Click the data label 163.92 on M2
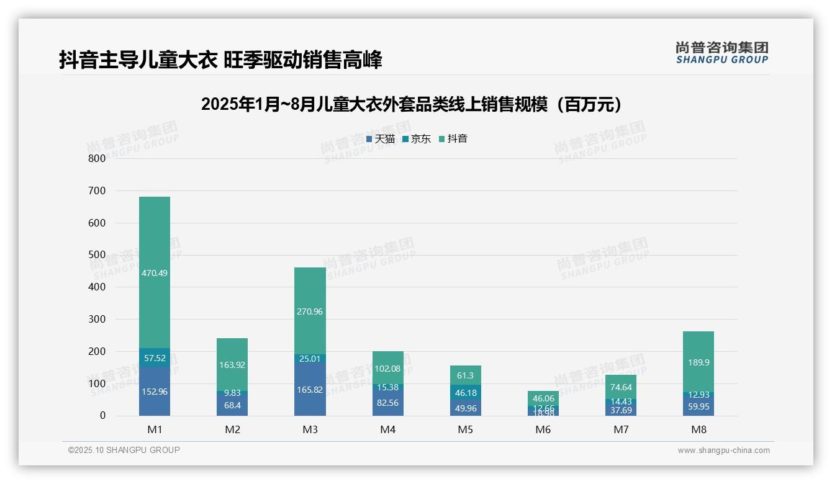pyautogui.click(x=232, y=365)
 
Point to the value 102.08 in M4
pyautogui.click(x=387, y=369)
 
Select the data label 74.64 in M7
pyautogui.click(x=621, y=388)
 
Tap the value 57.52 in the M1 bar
pyautogui.click(x=155, y=358)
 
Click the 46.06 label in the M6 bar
pyautogui.click(x=543, y=398)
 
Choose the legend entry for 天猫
pyautogui.click(x=381, y=139)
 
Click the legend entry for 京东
pyautogui.click(x=417, y=139)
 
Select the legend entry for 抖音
pyautogui.click(x=454, y=139)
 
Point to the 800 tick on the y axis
pyautogui.click(x=97, y=158)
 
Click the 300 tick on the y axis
pyautogui.click(x=97, y=319)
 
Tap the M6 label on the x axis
pyautogui.click(x=543, y=429)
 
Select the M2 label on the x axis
pyautogui.click(x=232, y=429)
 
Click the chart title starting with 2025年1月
pyautogui.click(x=412, y=105)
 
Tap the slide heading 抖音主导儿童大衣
pyautogui.click(x=220, y=60)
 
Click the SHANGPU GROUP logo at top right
pyautogui.click(x=721, y=53)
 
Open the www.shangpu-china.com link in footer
pyautogui.click(x=723, y=450)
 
